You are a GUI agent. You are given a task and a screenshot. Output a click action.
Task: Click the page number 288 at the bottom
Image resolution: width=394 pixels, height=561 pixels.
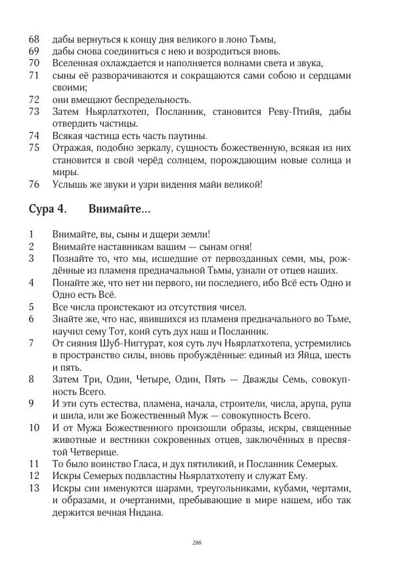pyautogui.click(x=196, y=542)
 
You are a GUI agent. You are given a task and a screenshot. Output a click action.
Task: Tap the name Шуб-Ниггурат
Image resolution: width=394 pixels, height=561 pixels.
pyautogui.click(x=133, y=343)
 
